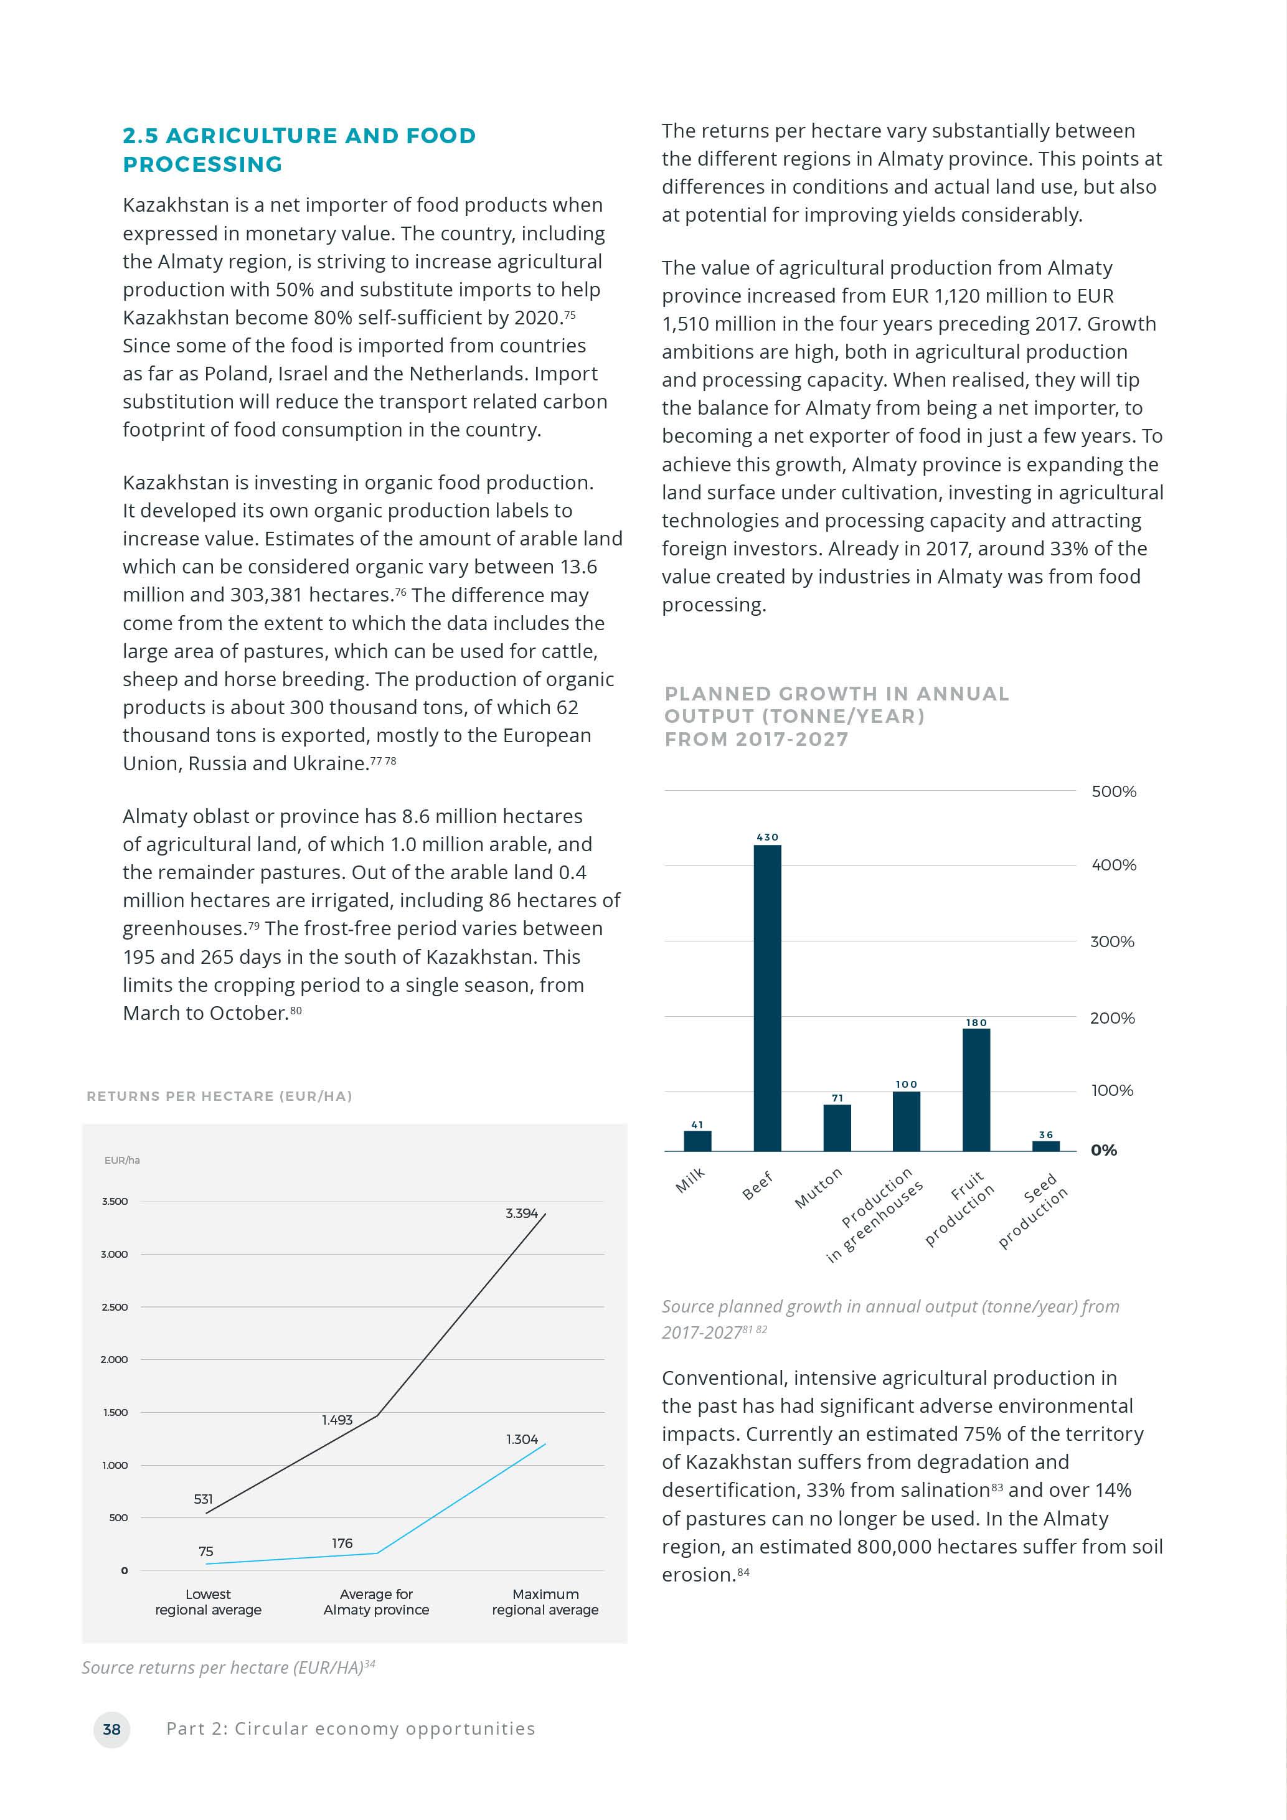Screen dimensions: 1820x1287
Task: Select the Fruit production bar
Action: pyautogui.click(x=976, y=1089)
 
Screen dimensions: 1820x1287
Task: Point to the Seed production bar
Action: pyautogui.click(x=1045, y=1146)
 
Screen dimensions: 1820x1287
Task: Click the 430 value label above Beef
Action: pyautogui.click(x=767, y=837)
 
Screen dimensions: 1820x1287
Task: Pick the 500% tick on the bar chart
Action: pyautogui.click(x=1113, y=791)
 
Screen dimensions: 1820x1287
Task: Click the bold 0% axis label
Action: pyautogui.click(x=1103, y=1150)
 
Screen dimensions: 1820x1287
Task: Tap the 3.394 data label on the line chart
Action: pyautogui.click(x=521, y=1214)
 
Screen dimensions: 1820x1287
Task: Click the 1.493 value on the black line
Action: pyautogui.click(x=337, y=1420)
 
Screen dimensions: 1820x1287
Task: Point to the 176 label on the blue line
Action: pyautogui.click(x=342, y=1544)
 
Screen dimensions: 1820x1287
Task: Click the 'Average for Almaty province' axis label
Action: pyautogui.click(x=377, y=1601)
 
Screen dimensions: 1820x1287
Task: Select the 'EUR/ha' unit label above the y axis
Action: pyautogui.click(x=122, y=1161)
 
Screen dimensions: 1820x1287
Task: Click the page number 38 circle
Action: pyautogui.click(x=111, y=1729)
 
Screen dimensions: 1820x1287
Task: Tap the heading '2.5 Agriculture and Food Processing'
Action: pyautogui.click(x=299, y=150)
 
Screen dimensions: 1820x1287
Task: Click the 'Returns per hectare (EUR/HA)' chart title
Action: pyautogui.click(x=220, y=1096)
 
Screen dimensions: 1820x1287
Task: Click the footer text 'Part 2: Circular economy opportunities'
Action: pyautogui.click(x=351, y=1729)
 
